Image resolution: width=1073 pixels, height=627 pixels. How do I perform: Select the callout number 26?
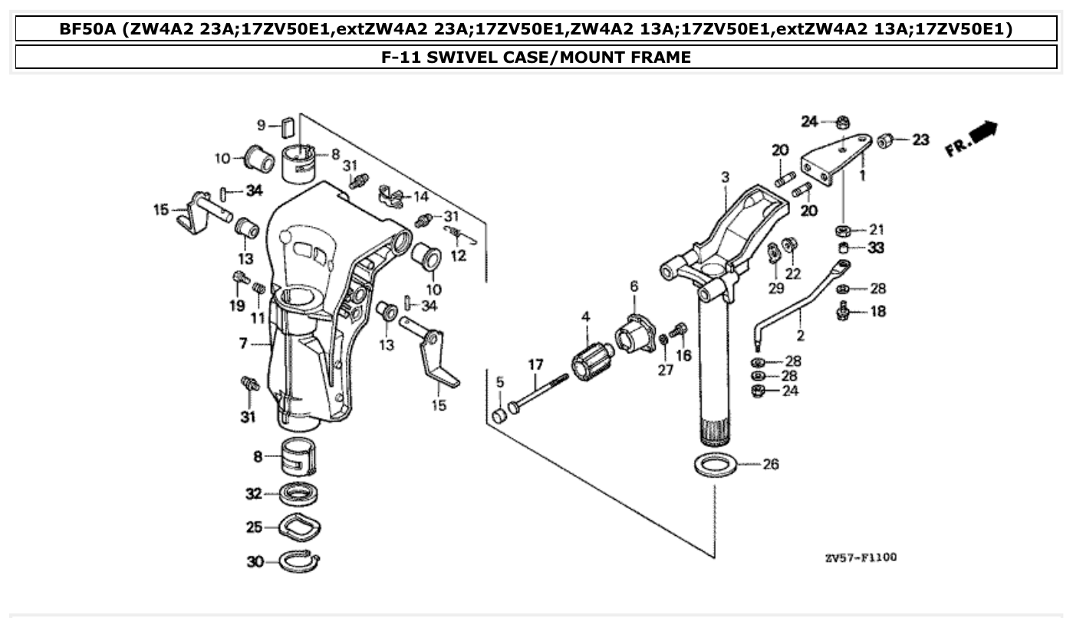pyautogui.click(x=771, y=464)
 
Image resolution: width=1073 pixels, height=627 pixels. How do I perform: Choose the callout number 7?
pyautogui.click(x=243, y=343)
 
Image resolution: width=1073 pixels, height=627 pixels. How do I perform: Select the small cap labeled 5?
pyautogui.click(x=499, y=416)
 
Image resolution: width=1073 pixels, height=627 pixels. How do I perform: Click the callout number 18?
pyautogui.click(x=878, y=312)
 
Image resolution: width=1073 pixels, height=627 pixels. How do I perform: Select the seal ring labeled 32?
pyautogui.click(x=300, y=494)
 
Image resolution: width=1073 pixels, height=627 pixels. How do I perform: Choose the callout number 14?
pyautogui.click(x=421, y=196)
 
